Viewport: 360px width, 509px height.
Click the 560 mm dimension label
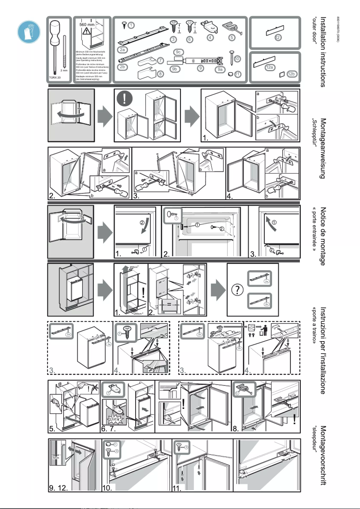click(86, 24)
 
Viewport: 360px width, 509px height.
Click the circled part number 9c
click(178, 53)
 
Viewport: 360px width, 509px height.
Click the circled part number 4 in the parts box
click(210, 37)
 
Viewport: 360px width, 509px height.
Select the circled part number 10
click(237, 58)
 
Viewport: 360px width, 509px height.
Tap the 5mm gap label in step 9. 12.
click(55, 458)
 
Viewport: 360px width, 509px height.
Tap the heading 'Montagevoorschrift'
click(322, 456)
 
